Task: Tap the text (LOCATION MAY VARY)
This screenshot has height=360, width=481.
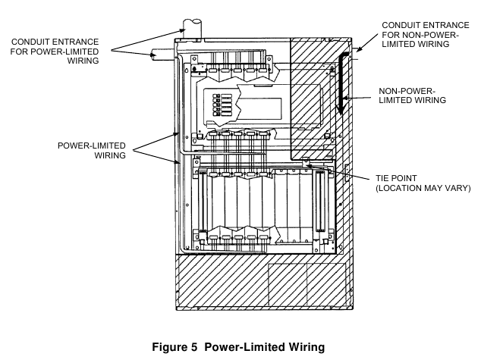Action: click(x=422, y=187)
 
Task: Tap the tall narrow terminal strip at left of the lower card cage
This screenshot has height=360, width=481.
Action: click(x=202, y=206)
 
